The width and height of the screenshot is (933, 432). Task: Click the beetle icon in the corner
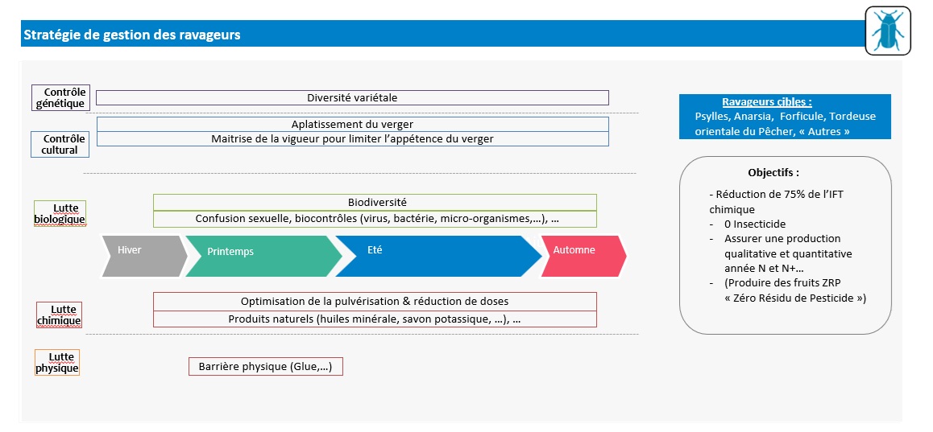point(888,31)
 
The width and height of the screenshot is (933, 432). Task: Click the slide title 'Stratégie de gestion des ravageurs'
point(131,35)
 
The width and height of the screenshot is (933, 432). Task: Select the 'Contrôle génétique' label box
point(60,97)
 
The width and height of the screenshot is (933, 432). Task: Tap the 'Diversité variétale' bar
point(352,97)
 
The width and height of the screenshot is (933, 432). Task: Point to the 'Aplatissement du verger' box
point(352,124)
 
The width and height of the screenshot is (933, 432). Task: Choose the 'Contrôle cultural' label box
point(60,144)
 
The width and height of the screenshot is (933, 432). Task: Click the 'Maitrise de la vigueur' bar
point(352,138)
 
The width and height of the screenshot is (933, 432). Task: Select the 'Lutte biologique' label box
point(60,213)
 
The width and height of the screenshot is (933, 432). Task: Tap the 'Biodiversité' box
point(375,203)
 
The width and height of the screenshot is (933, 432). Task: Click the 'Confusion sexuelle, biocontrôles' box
point(375,219)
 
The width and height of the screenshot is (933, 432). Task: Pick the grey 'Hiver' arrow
point(144,256)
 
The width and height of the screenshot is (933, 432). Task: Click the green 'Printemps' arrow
point(263,256)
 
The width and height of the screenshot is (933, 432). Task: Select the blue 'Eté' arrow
point(438,256)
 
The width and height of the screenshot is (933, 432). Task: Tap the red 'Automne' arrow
point(583,256)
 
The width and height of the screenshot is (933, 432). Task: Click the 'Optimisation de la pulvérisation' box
point(375,301)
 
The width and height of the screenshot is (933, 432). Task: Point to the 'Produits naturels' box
point(375,319)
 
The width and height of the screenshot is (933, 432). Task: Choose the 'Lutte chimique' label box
point(59,315)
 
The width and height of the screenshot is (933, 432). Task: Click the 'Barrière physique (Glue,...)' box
point(266,367)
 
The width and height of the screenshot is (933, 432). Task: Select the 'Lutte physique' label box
point(57,363)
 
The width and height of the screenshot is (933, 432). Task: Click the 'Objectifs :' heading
point(773,173)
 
